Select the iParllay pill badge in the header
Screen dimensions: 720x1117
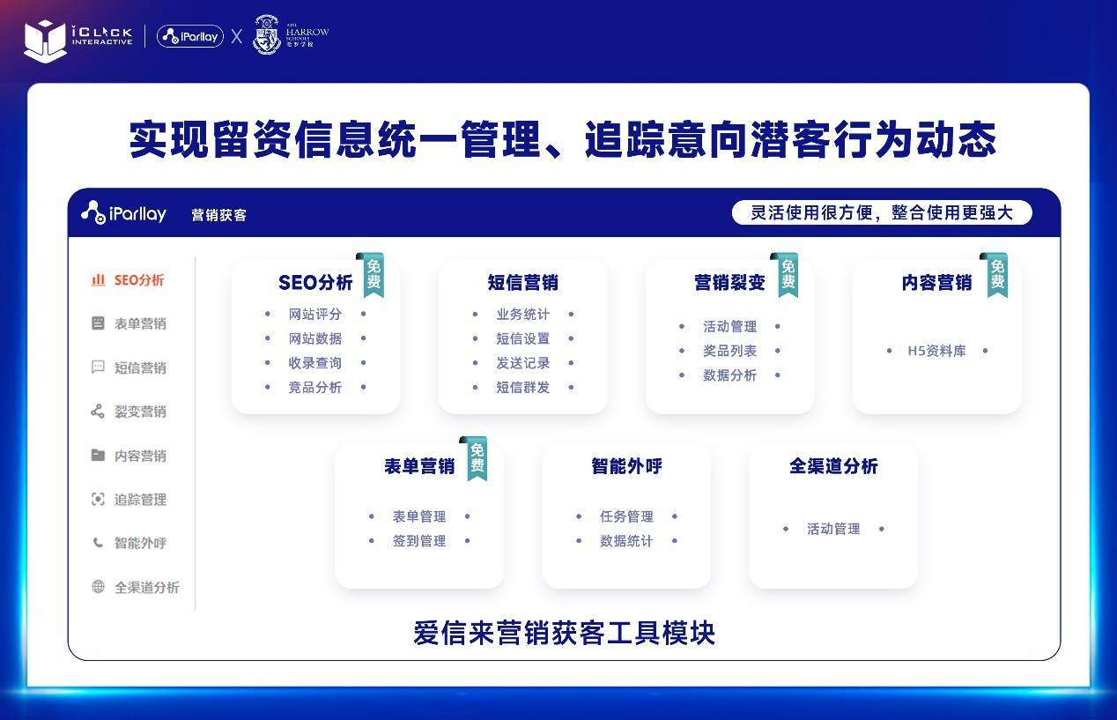click(189, 36)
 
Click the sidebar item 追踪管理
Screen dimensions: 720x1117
click(140, 500)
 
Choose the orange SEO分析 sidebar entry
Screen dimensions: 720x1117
click(138, 280)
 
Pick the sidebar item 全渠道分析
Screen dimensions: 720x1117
click(146, 587)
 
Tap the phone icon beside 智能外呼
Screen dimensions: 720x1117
click(98, 543)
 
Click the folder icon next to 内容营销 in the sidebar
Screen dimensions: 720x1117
click(98, 456)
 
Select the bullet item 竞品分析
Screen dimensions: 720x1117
click(314, 387)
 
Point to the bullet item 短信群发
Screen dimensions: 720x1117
click(522, 387)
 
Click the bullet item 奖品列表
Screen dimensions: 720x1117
click(729, 351)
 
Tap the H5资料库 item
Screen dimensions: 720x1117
click(936, 351)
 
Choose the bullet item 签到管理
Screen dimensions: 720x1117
click(419, 541)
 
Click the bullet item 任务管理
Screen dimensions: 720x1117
click(626, 516)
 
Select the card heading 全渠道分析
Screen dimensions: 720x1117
click(833, 466)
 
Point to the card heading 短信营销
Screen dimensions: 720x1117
click(522, 283)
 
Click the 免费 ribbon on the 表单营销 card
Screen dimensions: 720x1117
click(477, 457)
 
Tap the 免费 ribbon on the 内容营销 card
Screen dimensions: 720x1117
click(996, 274)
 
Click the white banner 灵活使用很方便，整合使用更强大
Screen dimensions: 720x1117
click(881, 212)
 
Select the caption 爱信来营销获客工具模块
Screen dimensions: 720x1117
click(564, 634)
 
